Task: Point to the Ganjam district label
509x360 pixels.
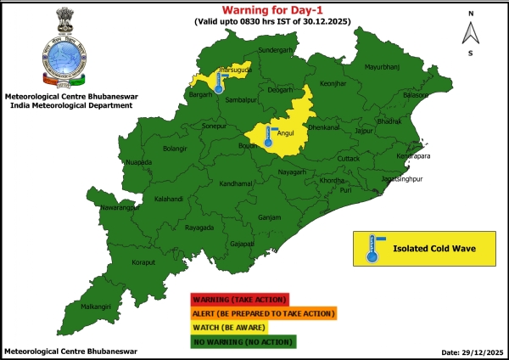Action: pyautogui.click(x=269, y=218)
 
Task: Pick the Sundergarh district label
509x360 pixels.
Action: pyautogui.click(x=273, y=51)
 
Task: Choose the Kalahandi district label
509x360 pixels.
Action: pyautogui.click(x=168, y=200)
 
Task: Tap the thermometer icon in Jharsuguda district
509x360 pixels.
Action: pyautogui.click(x=219, y=83)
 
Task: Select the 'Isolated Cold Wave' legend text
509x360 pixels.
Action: pyautogui.click(x=433, y=249)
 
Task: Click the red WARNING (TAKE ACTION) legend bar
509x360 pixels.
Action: pyautogui.click(x=240, y=299)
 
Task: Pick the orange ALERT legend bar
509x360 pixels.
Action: pyautogui.click(x=263, y=313)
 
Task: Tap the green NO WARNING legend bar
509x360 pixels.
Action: pyautogui.click(x=242, y=341)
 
